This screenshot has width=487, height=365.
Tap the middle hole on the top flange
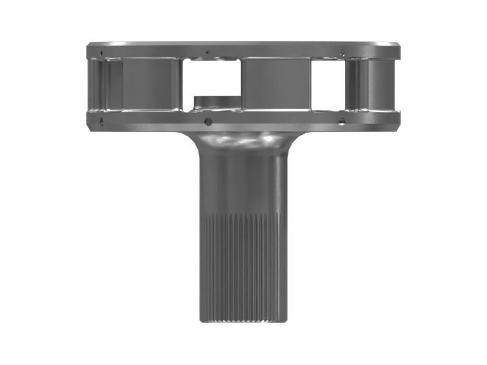coord(208,52)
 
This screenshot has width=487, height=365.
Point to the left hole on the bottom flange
coord(100,120)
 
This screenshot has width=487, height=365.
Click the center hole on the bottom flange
coord(208,121)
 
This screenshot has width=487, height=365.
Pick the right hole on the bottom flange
coord(343,122)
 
